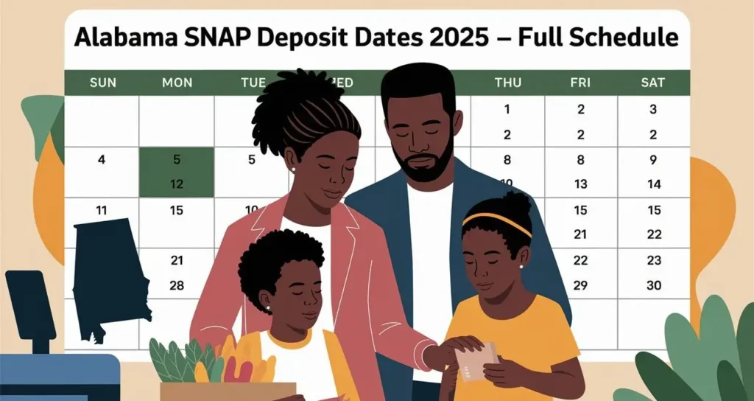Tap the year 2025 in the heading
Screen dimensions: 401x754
(x=453, y=38)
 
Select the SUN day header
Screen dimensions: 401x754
(x=102, y=83)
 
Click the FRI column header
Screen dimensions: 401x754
(x=580, y=83)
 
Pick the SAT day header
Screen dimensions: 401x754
(x=653, y=83)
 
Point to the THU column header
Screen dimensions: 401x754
(x=507, y=83)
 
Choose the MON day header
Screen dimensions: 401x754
(x=176, y=83)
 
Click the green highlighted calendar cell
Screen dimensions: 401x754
(x=177, y=172)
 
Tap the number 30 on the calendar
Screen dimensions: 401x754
(x=653, y=285)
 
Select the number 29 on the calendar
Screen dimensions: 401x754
(x=580, y=285)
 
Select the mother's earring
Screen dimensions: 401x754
(x=292, y=169)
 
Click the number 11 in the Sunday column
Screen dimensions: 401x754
(x=102, y=210)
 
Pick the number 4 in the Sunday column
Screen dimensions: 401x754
(x=102, y=159)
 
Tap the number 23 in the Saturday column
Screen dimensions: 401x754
(x=653, y=260)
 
